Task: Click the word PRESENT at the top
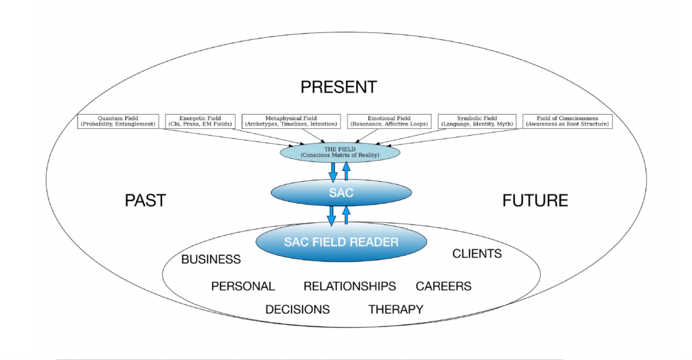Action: click(339, 87)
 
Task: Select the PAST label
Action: click(145, 201)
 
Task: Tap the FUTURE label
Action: click(535, 201)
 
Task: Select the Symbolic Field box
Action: click(477, 122)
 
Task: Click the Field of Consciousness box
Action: click(568, 122)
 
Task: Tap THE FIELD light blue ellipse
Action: click(340, 153)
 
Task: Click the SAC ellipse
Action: click(341, 193)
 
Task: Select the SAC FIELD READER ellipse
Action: click(341, 242)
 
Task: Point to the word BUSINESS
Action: click(211, 259)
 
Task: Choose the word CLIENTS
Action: click(476, 254)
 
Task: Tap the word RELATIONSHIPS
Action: click(349, 286)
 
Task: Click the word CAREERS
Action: click(443, 286)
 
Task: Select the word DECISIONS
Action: click(297, 309)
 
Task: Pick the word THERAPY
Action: click(395, 309)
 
